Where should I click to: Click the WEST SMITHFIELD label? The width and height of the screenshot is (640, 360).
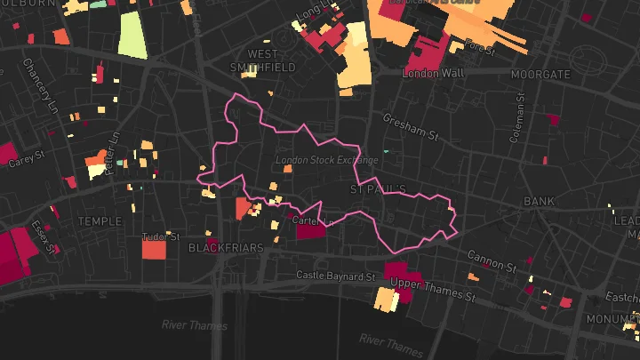(263, 60)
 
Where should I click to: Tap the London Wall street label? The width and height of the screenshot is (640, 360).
(433, 73)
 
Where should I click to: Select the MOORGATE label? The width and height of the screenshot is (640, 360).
(540, 75)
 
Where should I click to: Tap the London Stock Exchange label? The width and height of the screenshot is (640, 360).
(326, 161)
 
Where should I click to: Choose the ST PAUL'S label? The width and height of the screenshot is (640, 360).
(378, 189)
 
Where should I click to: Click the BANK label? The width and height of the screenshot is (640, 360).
(539, 202)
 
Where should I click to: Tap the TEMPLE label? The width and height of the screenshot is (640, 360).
(100, 220)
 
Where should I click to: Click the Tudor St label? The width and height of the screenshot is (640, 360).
(161, 237)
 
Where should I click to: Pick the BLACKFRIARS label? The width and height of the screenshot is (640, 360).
(226, 248)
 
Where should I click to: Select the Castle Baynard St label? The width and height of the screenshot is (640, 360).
(336, 276)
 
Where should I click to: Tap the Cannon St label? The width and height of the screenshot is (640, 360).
(492, 260)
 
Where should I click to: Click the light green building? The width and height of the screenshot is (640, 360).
(132, 35)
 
